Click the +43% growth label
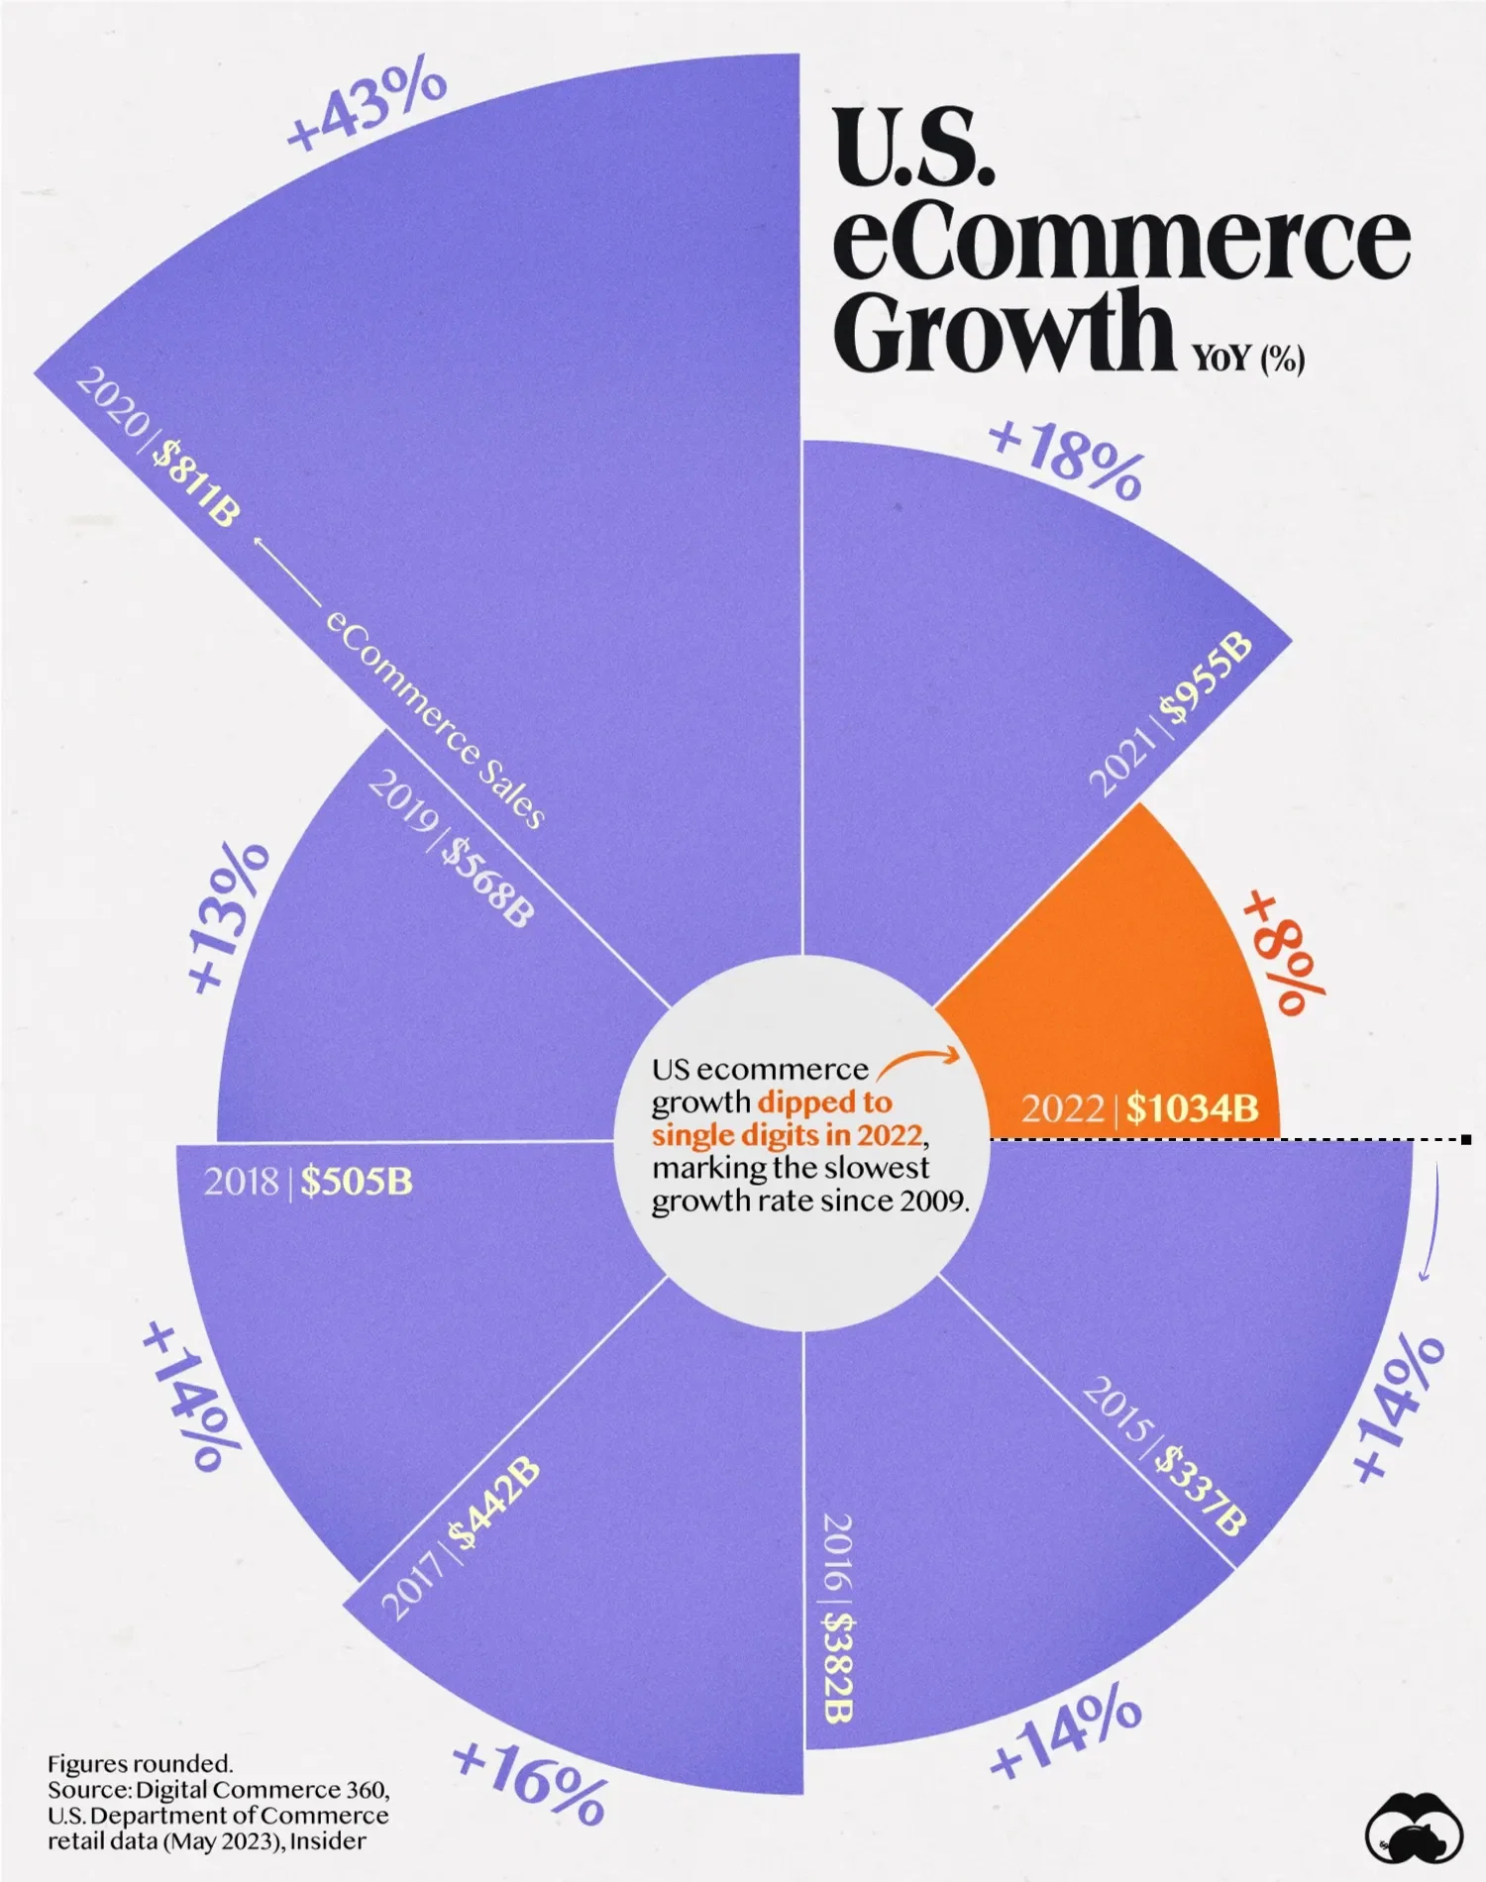pyautogui.click(x=367, y=104)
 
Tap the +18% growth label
pyautogui.click(x=1066, y=460)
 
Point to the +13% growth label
pyautogui.click(x=228, y=916)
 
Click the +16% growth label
pyautogui.click(x=529, y=1783)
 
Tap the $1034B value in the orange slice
pyautogui.click(x=1192, y=1107)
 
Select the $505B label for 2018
pyautogui.click(x=357, y=1181)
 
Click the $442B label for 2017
pyautogui.click(x=494, y=1503)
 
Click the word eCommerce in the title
pyautogui.click(x=1120, y=241)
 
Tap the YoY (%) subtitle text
pyautogui.click(x=1247, y=358)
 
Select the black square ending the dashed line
pyautogui.click(x=1466, y=1140)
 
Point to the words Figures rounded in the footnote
pyautogui.click(x=140, y=1764)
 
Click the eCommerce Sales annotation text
pyautogui.click(x=435, y=720)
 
